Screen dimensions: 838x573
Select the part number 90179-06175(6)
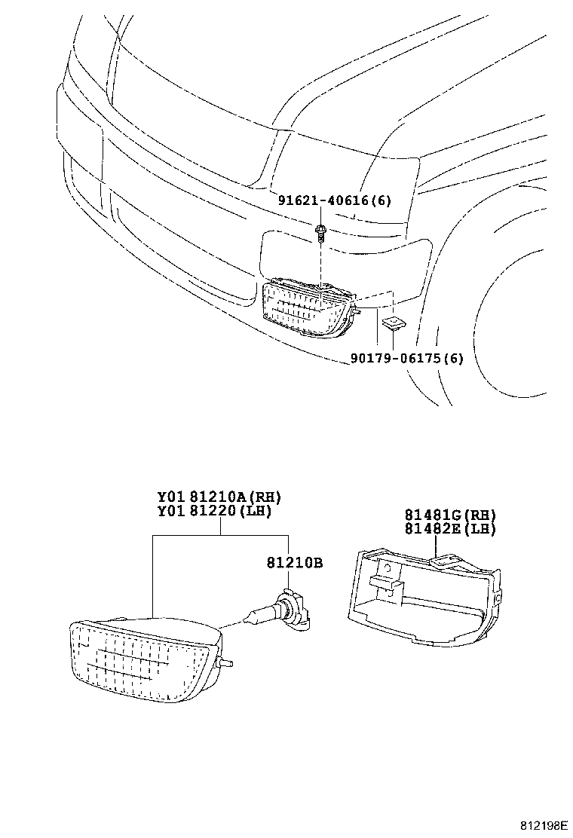[406, 358]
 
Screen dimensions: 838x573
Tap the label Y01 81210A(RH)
[219, 497]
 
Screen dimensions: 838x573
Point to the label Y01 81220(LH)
[214, 511]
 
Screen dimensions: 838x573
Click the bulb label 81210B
[294, 562]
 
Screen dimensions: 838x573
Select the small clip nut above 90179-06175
[391, 324]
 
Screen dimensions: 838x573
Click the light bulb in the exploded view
[280, 610]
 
